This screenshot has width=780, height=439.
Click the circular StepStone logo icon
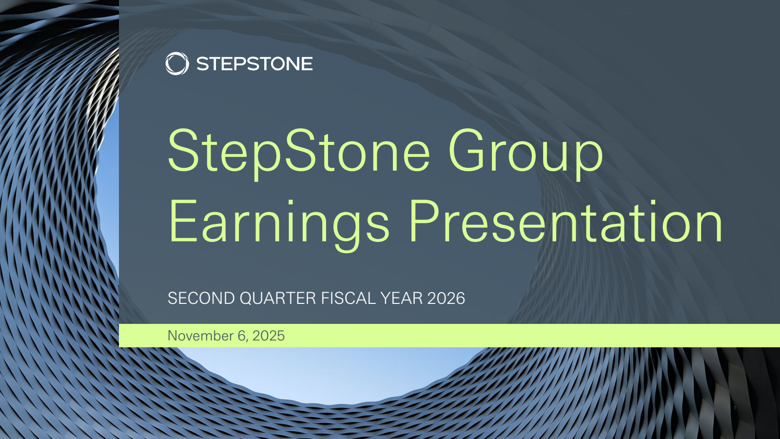point(177,63)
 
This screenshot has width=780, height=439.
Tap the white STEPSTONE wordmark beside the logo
point(254,64)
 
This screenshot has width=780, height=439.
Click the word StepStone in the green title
point(299,153)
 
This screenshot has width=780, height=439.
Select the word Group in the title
point(526,153)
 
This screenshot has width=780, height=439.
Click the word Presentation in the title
point(566,221)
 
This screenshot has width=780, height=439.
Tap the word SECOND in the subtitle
point(201,298)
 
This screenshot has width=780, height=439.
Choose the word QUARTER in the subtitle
point(278,299)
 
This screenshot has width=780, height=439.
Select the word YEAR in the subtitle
point(402,298)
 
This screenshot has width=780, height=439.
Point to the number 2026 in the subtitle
point(446,298)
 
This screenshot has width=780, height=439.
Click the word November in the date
point(200,336)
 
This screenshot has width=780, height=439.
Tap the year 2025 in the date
point(269,336)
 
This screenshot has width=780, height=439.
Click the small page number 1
point(735,408)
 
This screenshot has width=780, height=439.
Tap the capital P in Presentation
point(425,221)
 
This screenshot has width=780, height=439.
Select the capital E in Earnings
point(183,221)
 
